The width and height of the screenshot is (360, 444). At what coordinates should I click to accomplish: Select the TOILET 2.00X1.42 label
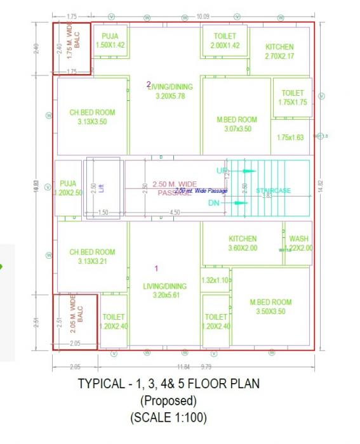tap(225, 41)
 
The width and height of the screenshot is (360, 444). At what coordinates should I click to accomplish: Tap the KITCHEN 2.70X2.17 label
tap(279, 51)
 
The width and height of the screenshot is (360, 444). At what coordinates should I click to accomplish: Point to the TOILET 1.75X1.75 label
tap(293, 98)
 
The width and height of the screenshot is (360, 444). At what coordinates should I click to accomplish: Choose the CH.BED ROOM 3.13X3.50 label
tap(93, 117)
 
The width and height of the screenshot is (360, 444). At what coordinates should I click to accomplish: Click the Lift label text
tap(102, 188)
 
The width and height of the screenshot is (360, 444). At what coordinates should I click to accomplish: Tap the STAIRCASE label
tap(273, 190)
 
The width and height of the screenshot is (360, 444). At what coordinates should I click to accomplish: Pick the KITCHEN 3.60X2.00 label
tap(243, 243)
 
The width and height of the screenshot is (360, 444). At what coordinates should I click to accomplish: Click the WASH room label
tap(298, 244)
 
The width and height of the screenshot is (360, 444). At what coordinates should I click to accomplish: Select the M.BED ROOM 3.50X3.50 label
tap(270, 307)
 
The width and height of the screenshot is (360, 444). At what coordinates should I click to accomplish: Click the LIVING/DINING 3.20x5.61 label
tap(165, 291)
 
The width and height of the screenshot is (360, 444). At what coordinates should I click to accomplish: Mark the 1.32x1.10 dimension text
tap(215, 280)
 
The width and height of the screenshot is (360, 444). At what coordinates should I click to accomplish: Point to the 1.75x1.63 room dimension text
tap(291, 138)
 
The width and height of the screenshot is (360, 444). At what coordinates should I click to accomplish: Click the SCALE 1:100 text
tap(168, 418)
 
